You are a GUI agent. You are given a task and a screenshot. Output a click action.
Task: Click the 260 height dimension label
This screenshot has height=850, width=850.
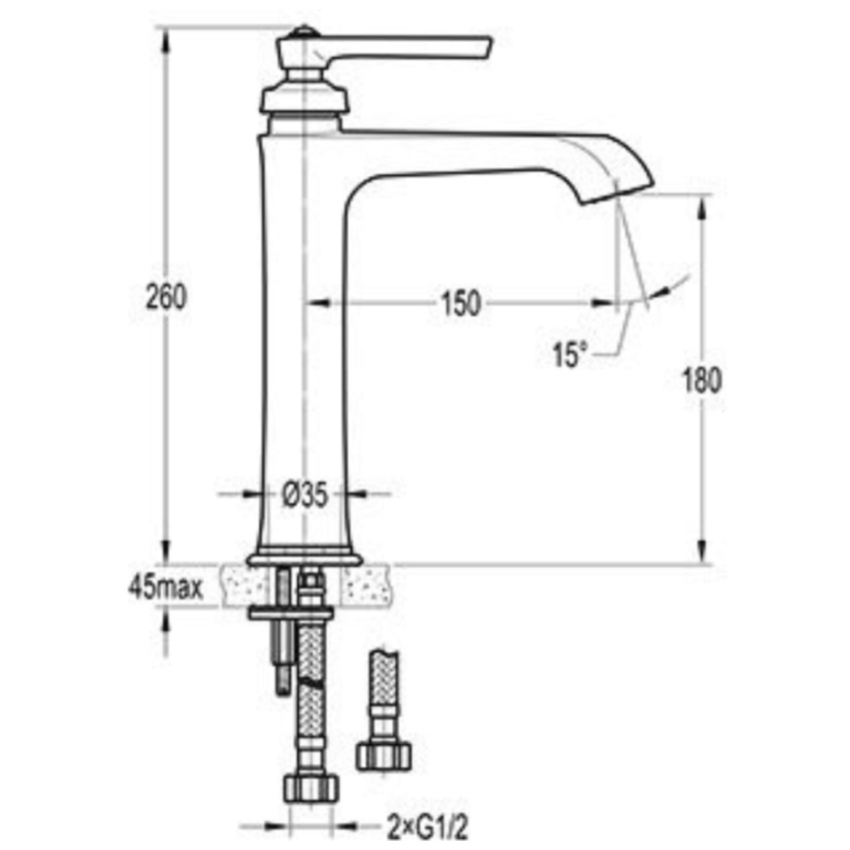click(x=167, y=298)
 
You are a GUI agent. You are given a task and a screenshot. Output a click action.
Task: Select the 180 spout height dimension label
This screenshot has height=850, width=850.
click(x=702, y=381)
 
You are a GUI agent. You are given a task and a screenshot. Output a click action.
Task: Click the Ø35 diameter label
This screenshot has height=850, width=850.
click(x=305, y=495)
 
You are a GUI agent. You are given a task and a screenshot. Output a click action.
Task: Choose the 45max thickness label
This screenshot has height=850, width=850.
click(x=165, y=588)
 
